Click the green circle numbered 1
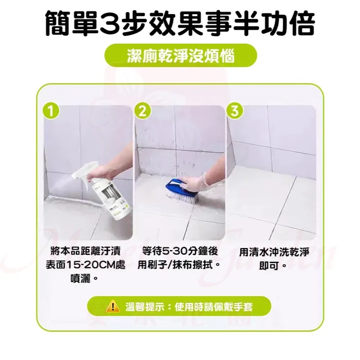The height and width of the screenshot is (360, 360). tap(49, 111)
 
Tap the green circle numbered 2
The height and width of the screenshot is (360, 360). tap(142, 111)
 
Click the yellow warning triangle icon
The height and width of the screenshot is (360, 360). tap(112, 306)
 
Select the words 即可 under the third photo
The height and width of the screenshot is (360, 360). tap(270, 266)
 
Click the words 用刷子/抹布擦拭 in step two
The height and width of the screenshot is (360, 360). tap(177, 266)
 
